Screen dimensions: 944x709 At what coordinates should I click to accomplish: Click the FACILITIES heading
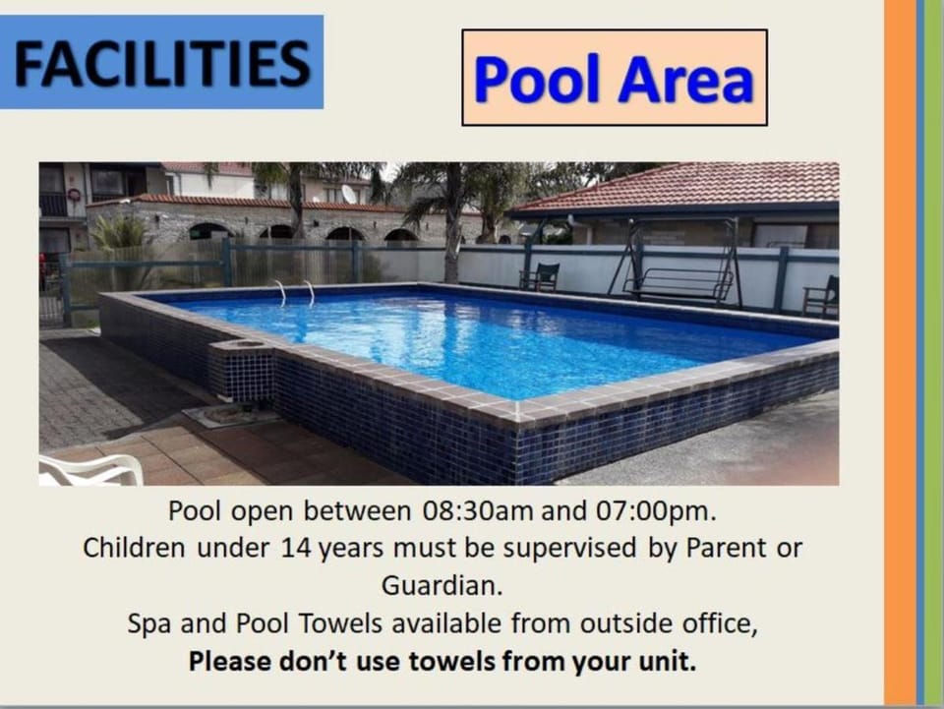tap(162, 63)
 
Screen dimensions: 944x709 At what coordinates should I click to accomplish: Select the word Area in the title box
tap(685, 79)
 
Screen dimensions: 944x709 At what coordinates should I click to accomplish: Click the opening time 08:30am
tap(478, 511)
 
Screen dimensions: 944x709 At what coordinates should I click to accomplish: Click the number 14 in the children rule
tap(295, 549)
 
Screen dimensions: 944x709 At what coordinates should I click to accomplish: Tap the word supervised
tap(569, 549)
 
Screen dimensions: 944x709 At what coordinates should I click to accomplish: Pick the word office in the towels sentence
tap(720, 623)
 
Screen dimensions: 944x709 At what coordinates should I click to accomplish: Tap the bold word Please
tap(228, 662)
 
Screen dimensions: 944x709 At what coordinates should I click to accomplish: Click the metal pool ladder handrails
tap(296, 292)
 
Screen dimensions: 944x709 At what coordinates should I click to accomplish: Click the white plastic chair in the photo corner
tap(90, 469)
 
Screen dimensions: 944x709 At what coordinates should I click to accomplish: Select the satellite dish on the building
tap(348, 193)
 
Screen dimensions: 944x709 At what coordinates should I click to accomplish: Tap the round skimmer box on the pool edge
tap(241, 345)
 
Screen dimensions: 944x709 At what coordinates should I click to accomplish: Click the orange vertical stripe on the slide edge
tap(900, 353)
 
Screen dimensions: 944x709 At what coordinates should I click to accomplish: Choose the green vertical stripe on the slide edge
tap(934, 353)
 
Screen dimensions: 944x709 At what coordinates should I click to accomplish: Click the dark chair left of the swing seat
tap(540, 277)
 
